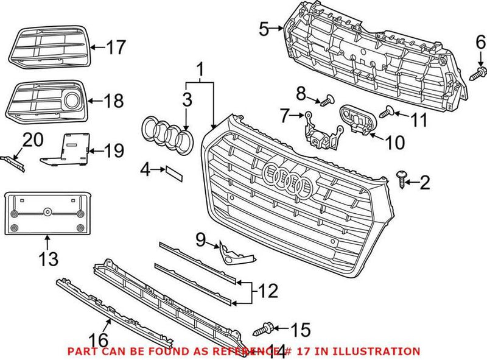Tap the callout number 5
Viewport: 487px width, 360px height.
tap(263, 28)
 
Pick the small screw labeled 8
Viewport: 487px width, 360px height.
tap(329, 98)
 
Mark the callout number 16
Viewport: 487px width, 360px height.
tap(99, 339)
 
